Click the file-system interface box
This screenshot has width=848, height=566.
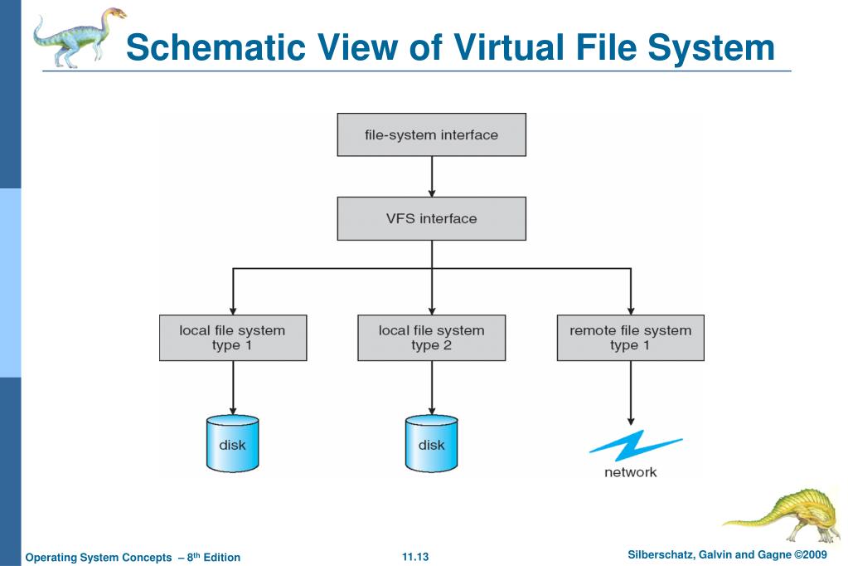[x=431, y=134]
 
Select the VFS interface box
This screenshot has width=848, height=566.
[x=431, y=219]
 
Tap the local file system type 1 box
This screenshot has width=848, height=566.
[x=232, y=337]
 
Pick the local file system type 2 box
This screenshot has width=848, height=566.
[x=431, y=337]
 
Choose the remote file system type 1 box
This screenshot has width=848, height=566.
[x=630, y=337]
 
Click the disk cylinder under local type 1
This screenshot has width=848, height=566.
[x=232, y=443]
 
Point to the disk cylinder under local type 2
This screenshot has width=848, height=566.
[x=431, y=443]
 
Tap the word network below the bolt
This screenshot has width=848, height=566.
[x=630, y=472]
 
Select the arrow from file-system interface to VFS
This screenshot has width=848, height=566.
[x=431, y=176]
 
